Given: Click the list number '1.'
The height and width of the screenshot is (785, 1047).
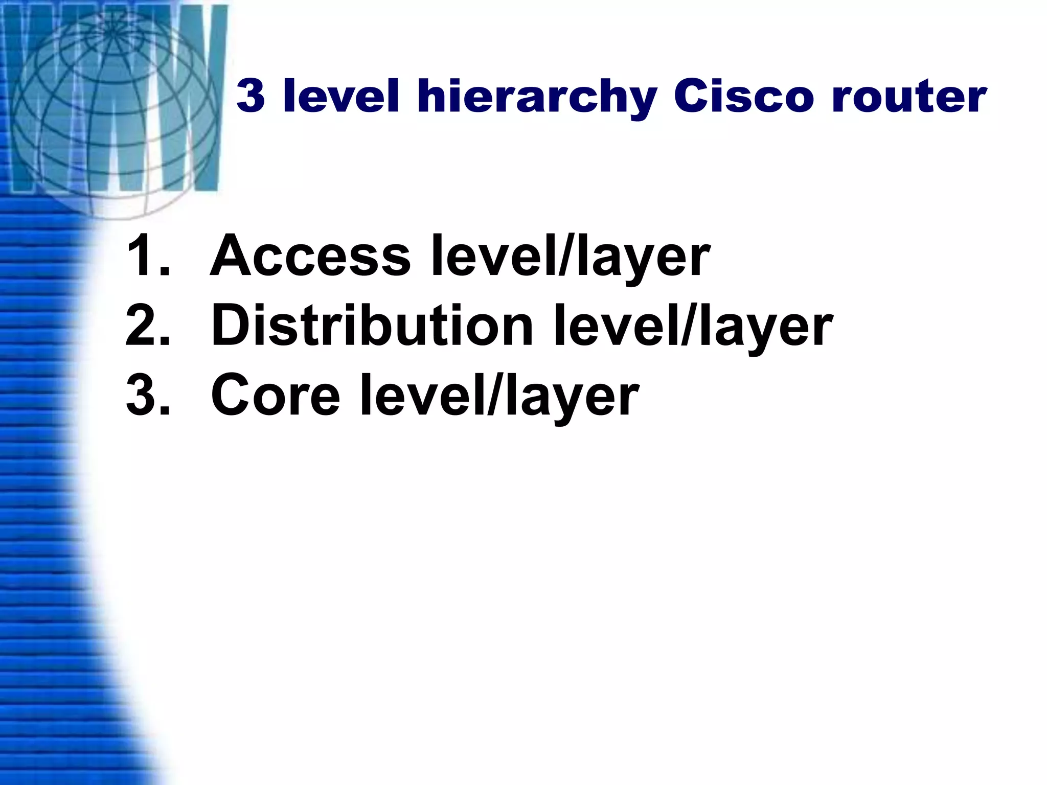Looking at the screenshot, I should click(148, 256).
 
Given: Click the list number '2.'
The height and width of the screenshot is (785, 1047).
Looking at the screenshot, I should click(148, 326).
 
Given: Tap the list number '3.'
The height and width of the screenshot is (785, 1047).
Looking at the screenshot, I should click(148, 396).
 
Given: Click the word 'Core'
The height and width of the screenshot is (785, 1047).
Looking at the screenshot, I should click(276, 396).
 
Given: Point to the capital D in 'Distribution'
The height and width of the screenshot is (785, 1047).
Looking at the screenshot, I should click(235, 325).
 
